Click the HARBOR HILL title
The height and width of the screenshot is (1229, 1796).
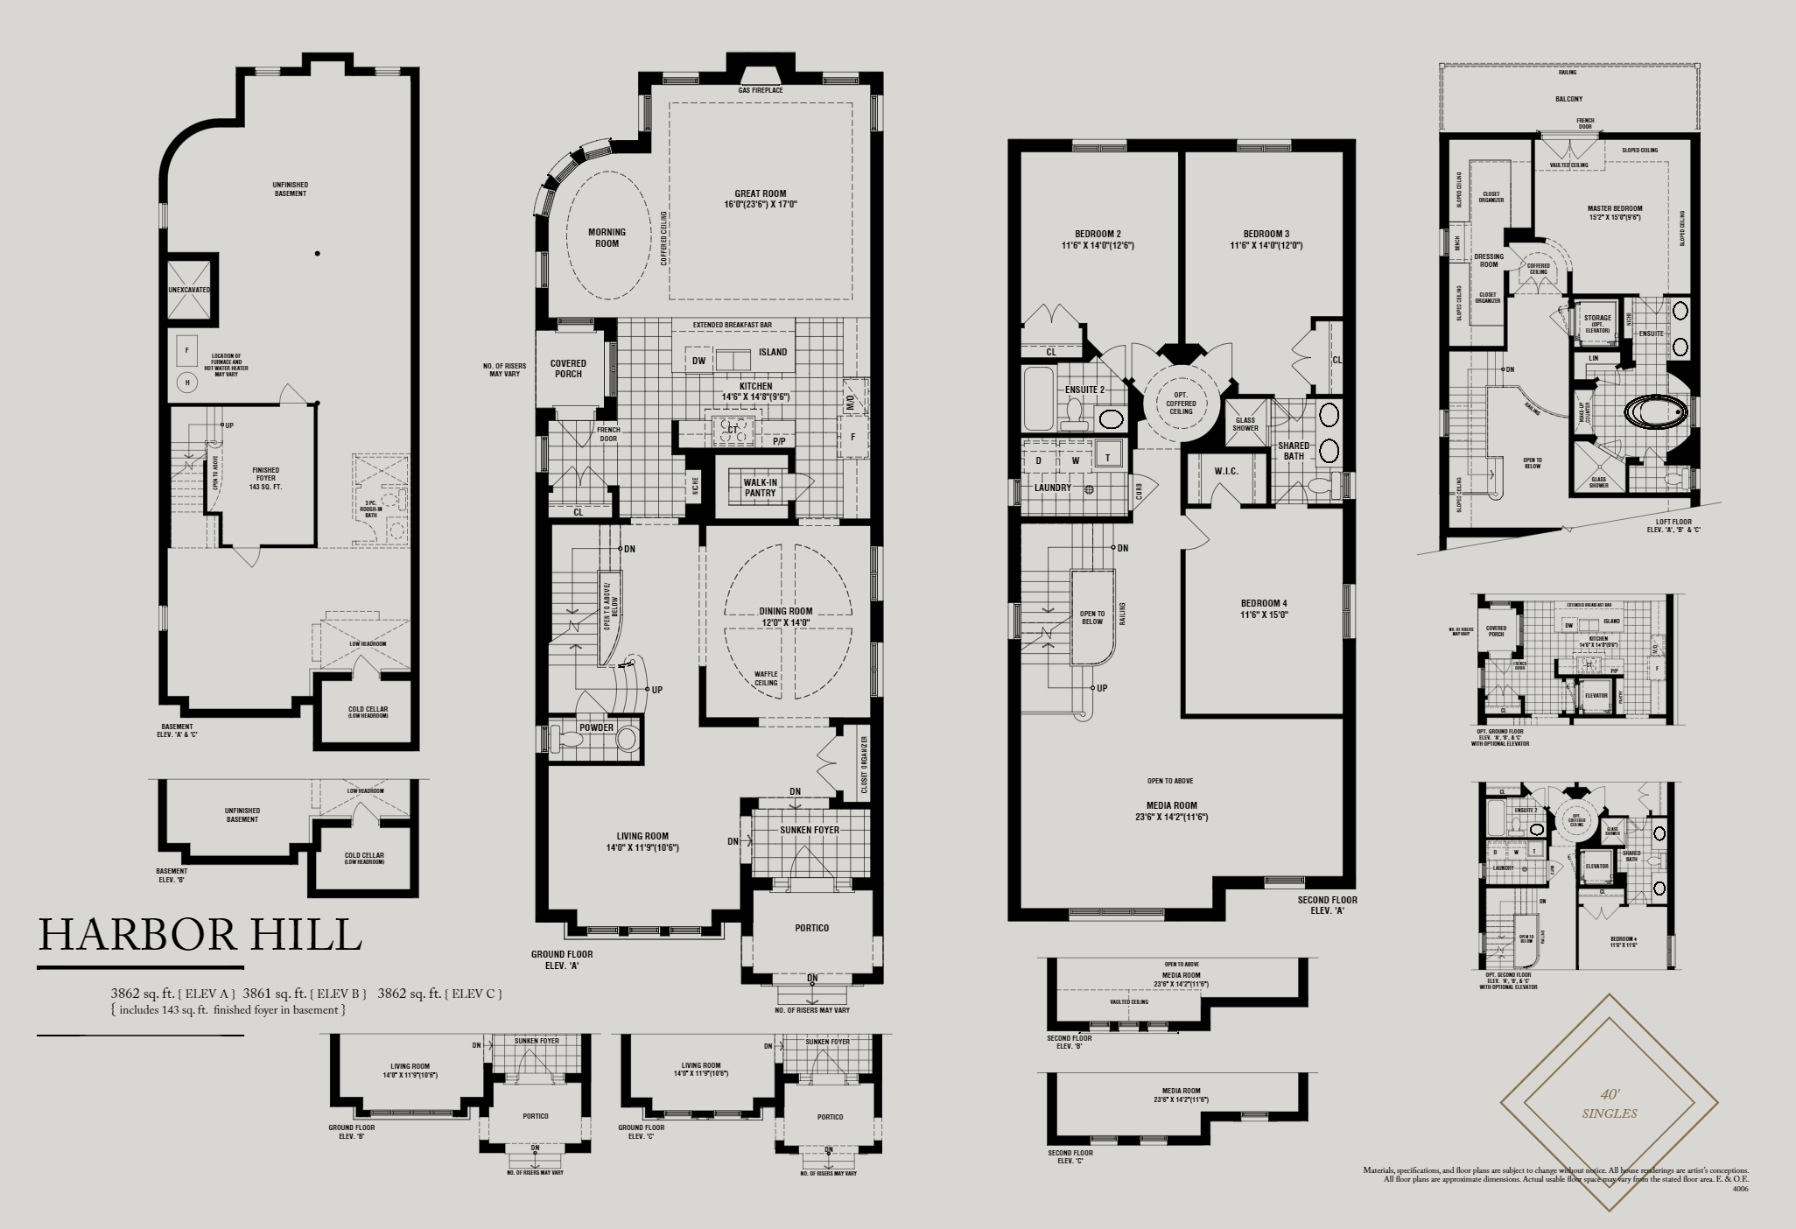coord(200,935)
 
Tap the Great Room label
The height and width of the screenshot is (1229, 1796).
coord(760,199)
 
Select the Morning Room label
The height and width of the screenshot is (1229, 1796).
coord(607,237)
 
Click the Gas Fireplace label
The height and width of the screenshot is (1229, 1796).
coord(760,91)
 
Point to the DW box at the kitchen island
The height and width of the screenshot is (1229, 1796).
coord(698,360)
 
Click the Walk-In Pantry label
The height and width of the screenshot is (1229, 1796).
coord(760,487)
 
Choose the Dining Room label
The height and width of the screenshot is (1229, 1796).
coord(786,616)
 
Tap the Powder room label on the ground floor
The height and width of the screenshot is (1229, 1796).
coord(595,727)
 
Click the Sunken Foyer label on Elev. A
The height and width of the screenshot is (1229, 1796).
coord(809,829)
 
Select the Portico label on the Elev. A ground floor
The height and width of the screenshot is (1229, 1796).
coord(812,928)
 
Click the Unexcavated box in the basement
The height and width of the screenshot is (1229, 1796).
coord(189,290)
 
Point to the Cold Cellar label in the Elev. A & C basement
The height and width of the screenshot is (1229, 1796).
coord(367,712)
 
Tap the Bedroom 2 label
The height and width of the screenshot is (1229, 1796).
coord(1098,239)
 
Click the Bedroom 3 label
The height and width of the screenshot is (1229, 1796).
coord(1266,239)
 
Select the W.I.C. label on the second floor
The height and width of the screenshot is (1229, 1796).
coord(1226,471)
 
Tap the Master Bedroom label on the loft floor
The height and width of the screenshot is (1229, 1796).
coord(1615,214)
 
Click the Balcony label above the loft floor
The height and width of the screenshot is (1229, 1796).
coord(1568,99)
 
